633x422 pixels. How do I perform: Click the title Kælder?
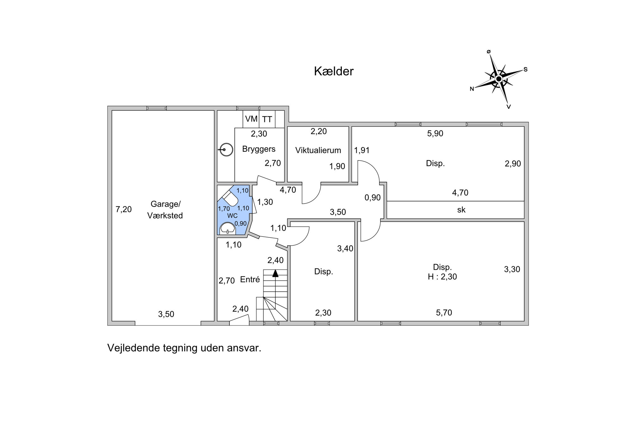pyautogui.click(x=334, y=71)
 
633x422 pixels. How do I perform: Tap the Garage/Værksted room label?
pyautogui.click(x=165, y=210)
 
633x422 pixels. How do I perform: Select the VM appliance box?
pyautogui.click(x=251, y=119)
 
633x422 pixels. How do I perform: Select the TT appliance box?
pyautogui.click(x=267, y=119)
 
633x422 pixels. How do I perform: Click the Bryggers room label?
pyautogui.click(x=259, y=149)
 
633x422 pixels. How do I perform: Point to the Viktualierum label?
pyautogui.click(x=318, y=150)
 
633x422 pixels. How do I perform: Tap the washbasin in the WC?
pyautogui.click(x=228, y=228)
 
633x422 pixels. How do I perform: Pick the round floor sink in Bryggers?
pyautogui.click(x=227, y=150)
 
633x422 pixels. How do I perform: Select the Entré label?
pyautogui.click(x=250, y=279)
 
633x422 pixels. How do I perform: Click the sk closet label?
pyautogui.click(x=461, y=210)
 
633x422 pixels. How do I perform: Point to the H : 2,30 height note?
pyautogui.click(x=442, y=277)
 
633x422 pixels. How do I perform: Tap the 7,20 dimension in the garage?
pyautogui.click(x=123, y=209)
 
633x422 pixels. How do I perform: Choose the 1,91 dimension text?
pyautogui.click(x=362, y=150)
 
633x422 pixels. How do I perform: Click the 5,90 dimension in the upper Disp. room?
pyautogui.click(x=435, y=133)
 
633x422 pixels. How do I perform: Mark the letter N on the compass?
pyautogui.click(x=472, y=89)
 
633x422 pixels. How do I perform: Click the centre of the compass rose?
pyautogui.click(x=499, y=79)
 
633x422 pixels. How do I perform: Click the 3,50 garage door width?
pyautogui.click(x=166, y=314)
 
